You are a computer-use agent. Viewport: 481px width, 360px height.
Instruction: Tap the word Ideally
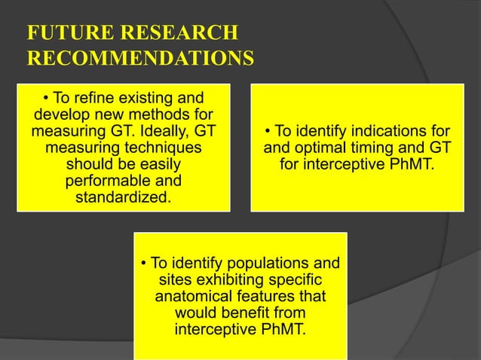point(158,131)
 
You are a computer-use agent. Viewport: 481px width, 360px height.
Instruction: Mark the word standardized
point(121,197)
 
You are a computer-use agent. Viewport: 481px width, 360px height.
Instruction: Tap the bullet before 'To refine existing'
point(46,98)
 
